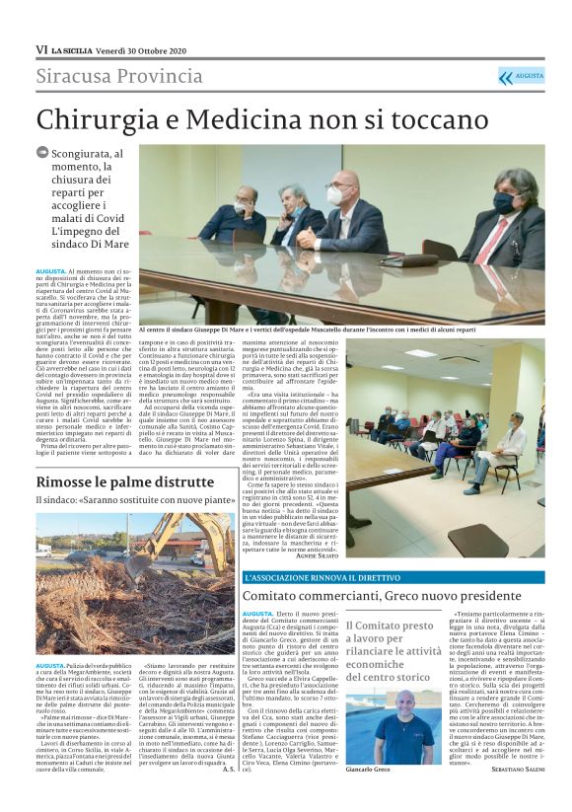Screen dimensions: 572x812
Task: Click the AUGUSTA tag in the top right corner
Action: (529, 75)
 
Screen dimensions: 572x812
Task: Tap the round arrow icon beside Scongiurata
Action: (42, 152)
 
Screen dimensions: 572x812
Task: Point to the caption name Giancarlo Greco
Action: (368, 769)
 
